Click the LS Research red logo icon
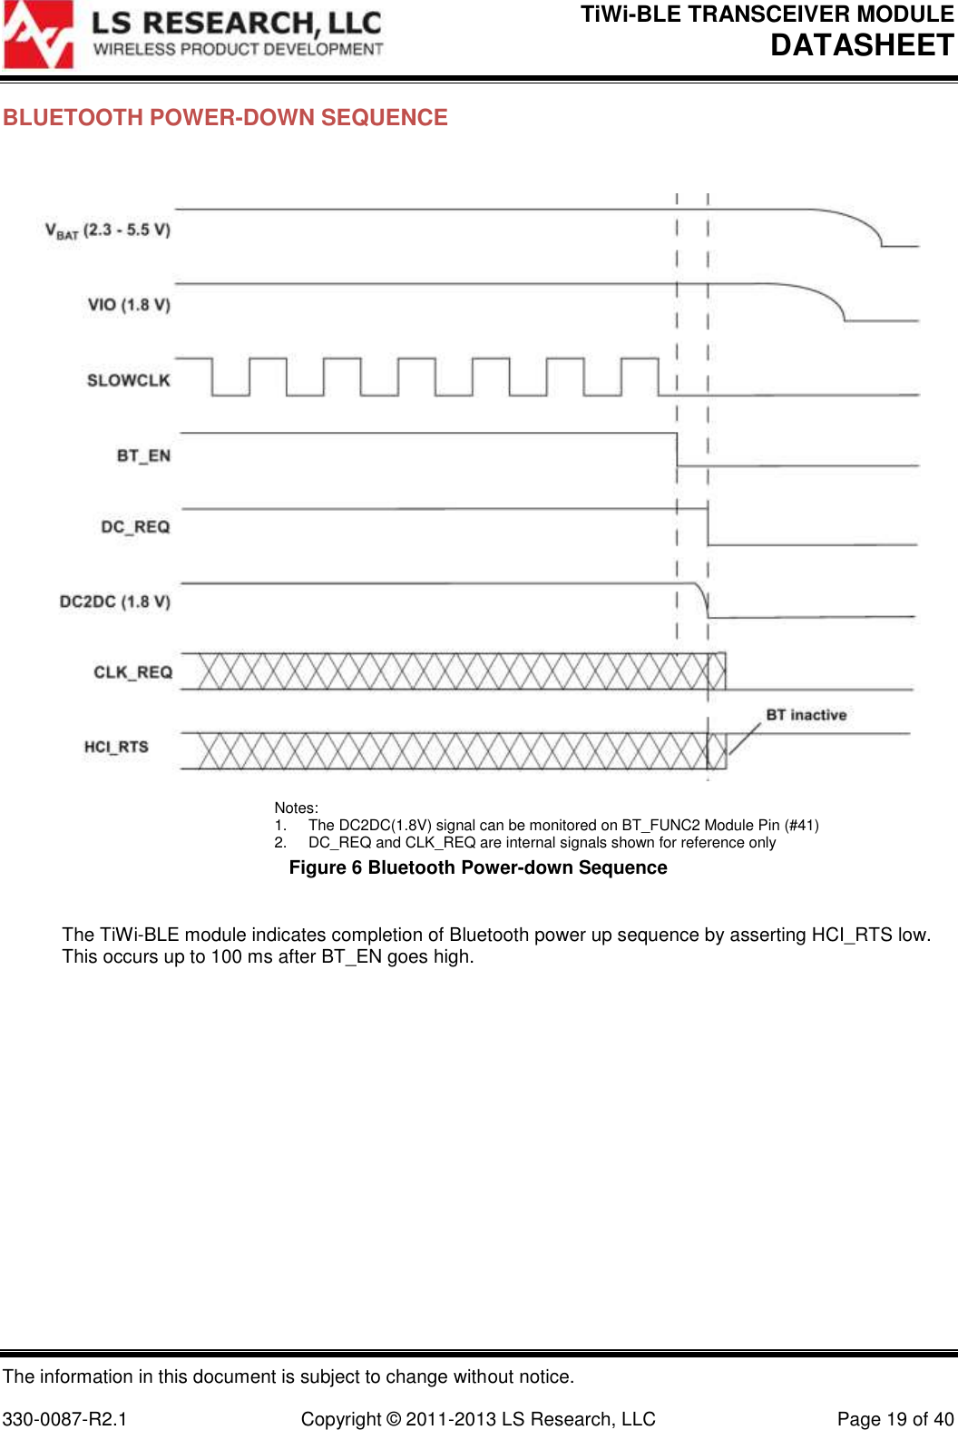[x=38, y=35]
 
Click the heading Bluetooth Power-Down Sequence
[x=225, y=118]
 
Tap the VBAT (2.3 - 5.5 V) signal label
[x=108, y=230]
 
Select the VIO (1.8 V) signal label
[x=129, y=305]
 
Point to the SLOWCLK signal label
[x=128, y=380]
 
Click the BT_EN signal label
[x=143, y=455]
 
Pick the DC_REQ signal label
[x=135, y=527]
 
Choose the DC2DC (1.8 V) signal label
[x=114, y=602]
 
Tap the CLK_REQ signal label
[x=132, y=672]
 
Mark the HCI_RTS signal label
[x=116, y=747]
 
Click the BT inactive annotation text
[x=806, y=715]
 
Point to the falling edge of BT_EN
[x=677, y=450]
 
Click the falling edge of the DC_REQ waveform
[x=709, y=527]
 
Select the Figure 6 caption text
[x=477, y=868]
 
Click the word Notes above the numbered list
[x=296, y=808]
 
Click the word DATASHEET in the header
[x=862, y=45]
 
